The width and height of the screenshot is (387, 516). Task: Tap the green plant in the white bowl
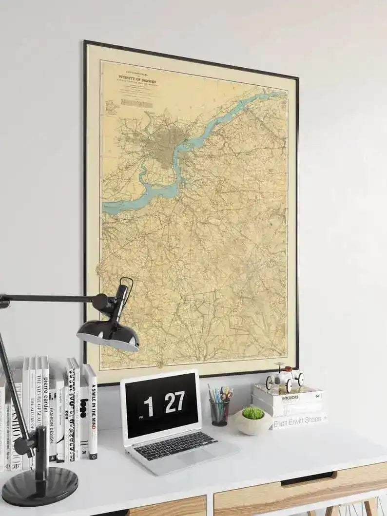(x=252, y=413)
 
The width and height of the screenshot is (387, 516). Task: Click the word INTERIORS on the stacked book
(x=290, y=398)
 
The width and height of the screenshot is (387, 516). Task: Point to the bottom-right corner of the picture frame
(x=297, y=368)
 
